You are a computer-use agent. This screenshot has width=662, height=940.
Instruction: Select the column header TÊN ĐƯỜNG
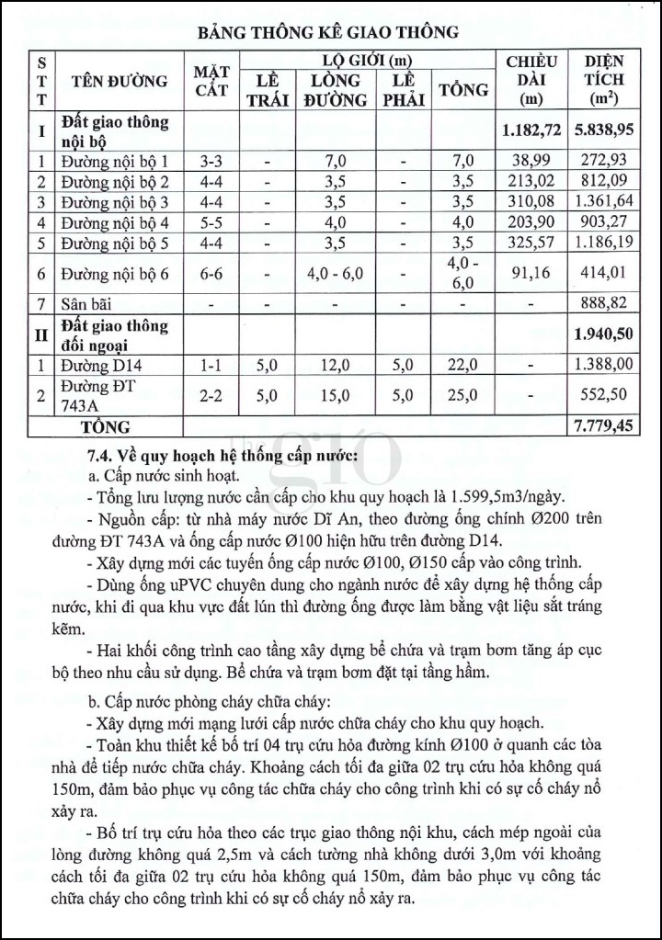(114, 81)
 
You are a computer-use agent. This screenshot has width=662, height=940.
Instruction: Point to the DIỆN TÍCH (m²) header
(604, 80)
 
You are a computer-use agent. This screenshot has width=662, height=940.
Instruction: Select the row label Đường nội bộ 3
(114, 201)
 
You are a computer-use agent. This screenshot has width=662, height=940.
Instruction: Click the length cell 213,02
(532, 180)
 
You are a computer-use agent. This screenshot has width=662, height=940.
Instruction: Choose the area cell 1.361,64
(604, 201)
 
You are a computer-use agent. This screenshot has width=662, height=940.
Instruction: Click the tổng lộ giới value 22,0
(464, 366)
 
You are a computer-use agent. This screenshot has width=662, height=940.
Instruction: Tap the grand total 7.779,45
(604, 426)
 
